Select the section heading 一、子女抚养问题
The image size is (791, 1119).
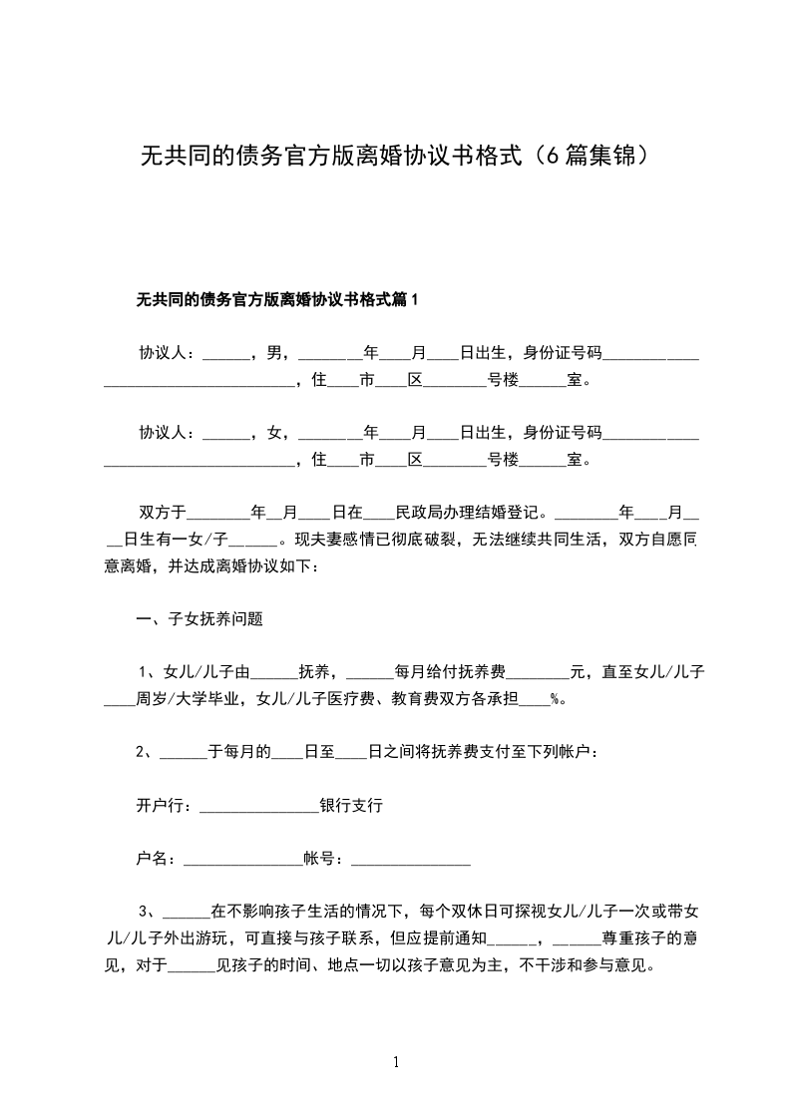[x=199, y=618]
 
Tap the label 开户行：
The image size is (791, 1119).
[x=167, y=806]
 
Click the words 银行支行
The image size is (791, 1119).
[x=350, y=806]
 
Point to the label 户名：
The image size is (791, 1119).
[x=159, y=858]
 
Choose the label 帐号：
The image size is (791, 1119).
[x=326, y=858]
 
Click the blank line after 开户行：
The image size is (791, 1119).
[x=258, y=808]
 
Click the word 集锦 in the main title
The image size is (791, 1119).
[x=610, y=157]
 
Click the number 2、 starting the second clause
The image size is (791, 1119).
[x=147, y=752]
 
